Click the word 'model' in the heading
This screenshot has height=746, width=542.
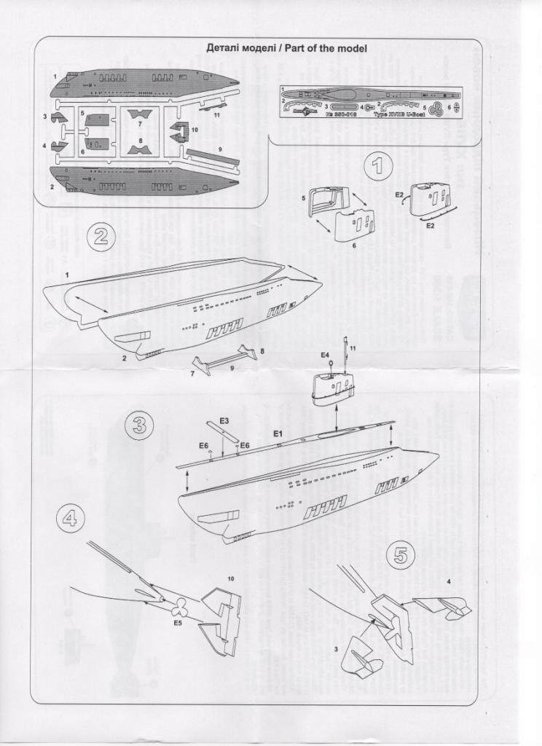point(349,48)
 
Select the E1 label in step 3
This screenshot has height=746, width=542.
point(278,434)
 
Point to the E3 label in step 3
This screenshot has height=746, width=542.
point(224,421)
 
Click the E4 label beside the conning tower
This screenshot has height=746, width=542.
point(325,355)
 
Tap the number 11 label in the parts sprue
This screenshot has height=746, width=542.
point(216,115)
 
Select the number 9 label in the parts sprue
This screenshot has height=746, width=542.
point(219,149)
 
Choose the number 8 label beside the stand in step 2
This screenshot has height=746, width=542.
point(262,352)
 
